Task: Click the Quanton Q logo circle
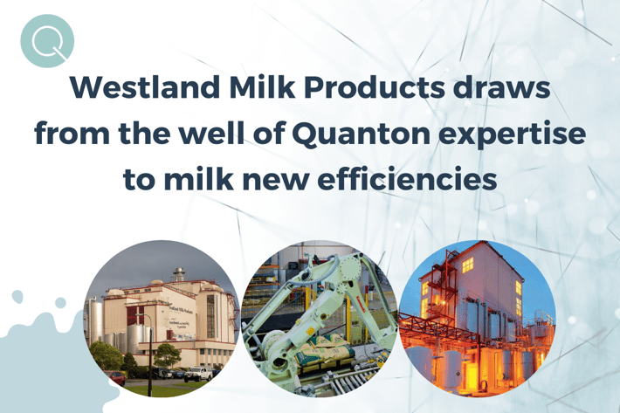47,41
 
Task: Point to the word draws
503,87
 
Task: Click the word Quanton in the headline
362,134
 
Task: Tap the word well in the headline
211,133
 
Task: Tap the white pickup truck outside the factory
198,374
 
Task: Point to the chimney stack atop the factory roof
179,274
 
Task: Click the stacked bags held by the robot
324,350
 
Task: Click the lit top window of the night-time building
467,265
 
